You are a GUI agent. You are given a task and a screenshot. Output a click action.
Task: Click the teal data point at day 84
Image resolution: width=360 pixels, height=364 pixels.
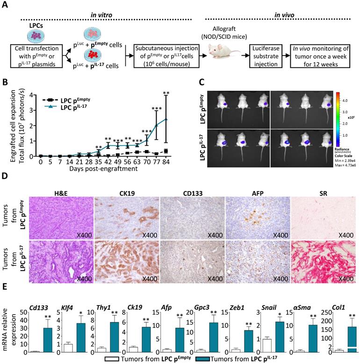166,119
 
